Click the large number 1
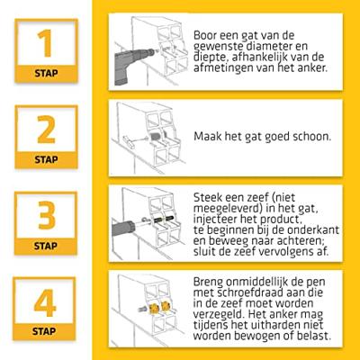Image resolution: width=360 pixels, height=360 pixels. [x=45, y=43]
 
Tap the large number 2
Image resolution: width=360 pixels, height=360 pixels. [x=46, y=130]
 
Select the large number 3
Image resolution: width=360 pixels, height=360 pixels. [x=47, y=215]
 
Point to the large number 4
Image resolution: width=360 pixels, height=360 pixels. [x=45, y=302]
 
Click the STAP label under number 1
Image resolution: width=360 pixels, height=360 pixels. [x=46, y=73]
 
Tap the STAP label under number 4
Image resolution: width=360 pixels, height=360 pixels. [x=44, y=331]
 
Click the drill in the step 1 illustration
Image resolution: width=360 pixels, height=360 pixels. [x=132, y=65]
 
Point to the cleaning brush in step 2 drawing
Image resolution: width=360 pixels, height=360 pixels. [x=141, y=139]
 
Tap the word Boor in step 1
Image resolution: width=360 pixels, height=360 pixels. [x=205, y=35]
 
